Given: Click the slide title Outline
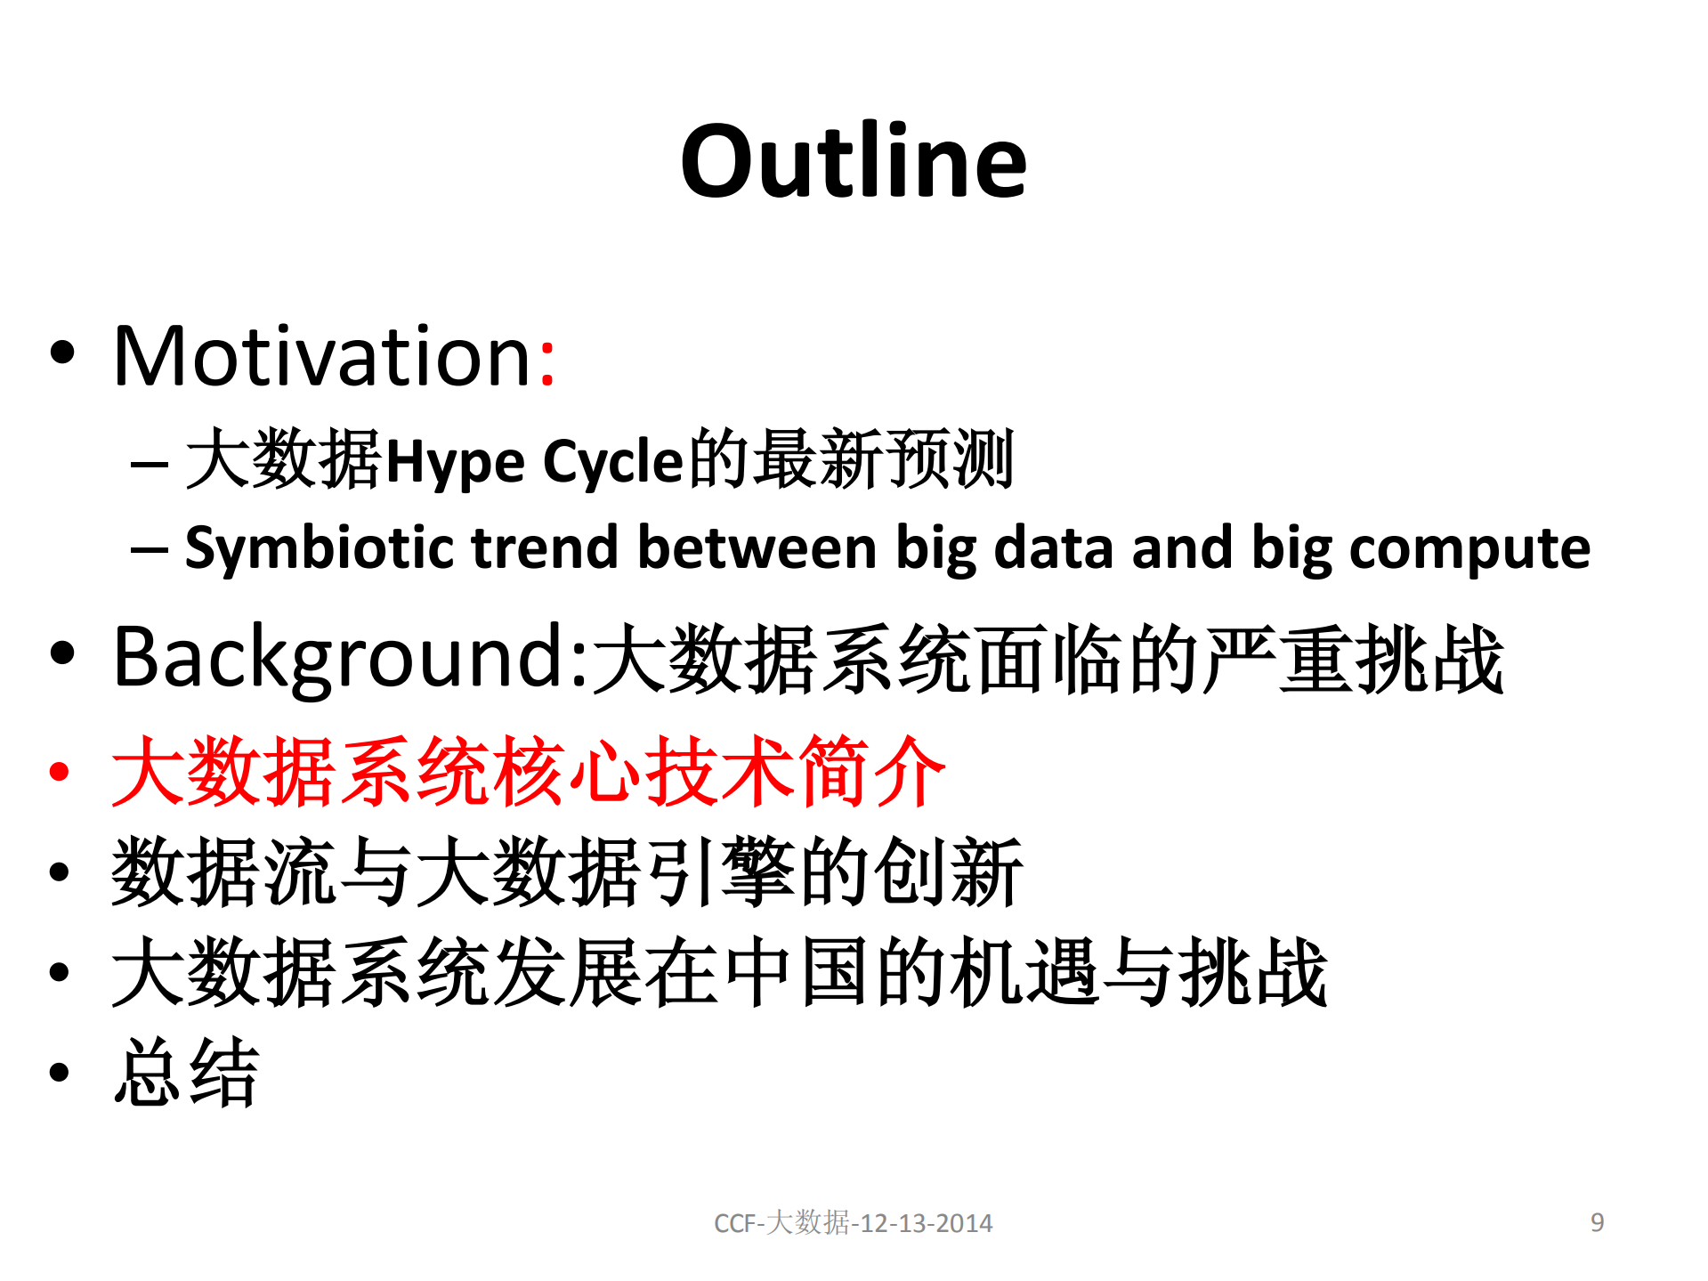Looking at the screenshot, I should coord(854,161).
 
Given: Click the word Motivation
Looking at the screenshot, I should coord(322,357).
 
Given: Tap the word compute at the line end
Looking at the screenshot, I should coord(1469,548).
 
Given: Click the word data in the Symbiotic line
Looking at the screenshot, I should coord(1053,548).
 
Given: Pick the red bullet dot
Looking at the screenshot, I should coord(60,772).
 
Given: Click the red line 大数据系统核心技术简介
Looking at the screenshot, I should coord(528,772).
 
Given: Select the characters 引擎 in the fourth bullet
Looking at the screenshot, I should coord(721,872).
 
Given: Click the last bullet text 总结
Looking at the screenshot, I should coord(186,1073).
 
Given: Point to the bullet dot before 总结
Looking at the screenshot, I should coord(60,1073).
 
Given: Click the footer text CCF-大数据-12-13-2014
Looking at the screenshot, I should coord(853,1223).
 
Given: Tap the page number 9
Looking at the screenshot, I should coord(1597,1222).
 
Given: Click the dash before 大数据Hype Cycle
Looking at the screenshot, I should coord(149,464).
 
